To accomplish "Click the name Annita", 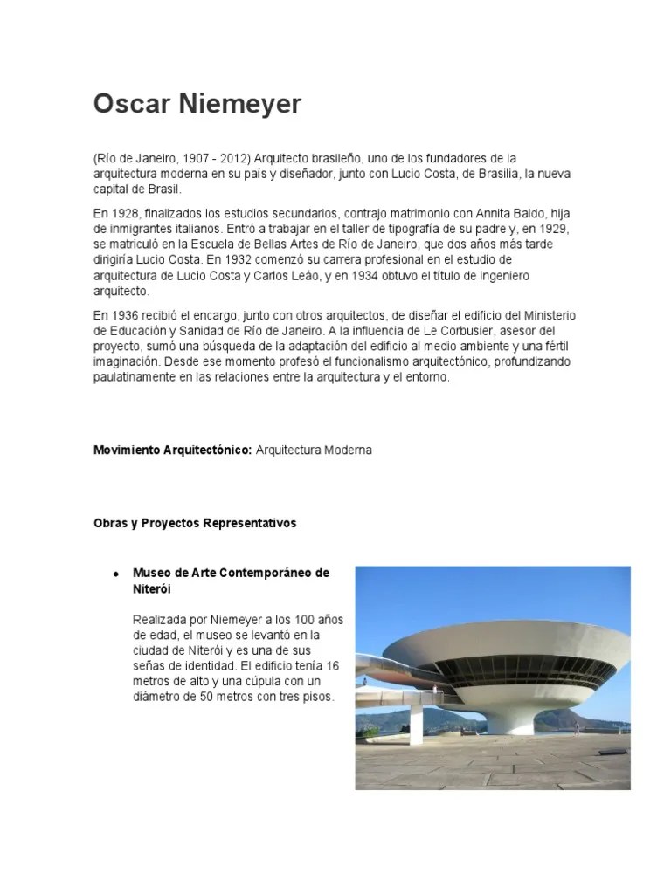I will [x=498, y=213].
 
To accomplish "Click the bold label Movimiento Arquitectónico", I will [x=172, y=450].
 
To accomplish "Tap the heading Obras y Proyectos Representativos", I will [x=195, y=523].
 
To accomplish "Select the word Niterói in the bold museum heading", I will [x=150, y=589].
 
